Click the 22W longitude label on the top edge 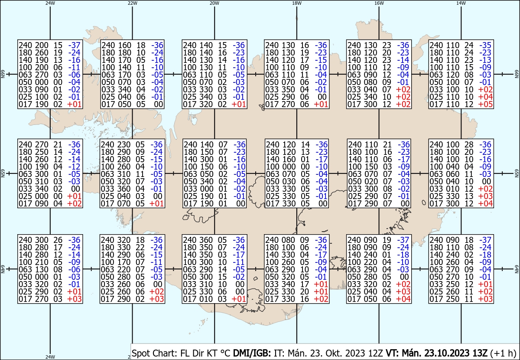[x=132, y=3]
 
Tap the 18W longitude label [x=297, y=3]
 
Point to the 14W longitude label [x=461, y=3]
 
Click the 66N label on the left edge [x=3, y=74]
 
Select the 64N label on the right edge [x=517, y=269]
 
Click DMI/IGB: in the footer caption [x=252, y=353]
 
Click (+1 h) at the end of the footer [x=503, y=353]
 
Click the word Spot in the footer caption [x=140, y=353]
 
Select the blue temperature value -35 [x=485, y=45]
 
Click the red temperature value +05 [x=485, y=104]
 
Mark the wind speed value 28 [x=469, y=144]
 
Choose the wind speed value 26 [x=58, y=240]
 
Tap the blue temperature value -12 [x=74, y=167]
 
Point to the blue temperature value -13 [x=485, y=60]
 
